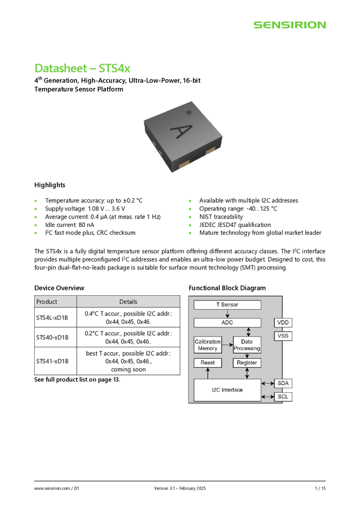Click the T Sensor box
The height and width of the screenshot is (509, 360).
[227, 305]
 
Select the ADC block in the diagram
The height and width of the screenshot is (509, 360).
[227, 323]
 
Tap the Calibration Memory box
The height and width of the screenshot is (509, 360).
[207, 345]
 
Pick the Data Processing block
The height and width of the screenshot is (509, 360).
[247, 345]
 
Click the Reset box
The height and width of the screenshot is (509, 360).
[207, 363]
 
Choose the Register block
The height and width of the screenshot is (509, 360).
[247, 363]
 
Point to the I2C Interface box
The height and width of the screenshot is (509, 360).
[227, 390]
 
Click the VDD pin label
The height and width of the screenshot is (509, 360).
[283, 323]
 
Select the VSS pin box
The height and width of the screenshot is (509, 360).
[283, 336]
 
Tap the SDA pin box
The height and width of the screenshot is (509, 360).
[283, 383]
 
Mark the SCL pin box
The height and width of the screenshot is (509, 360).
[283, 396]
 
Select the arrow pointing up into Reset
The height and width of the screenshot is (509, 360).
[207, 373]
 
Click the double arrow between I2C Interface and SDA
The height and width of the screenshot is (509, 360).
[268, 383]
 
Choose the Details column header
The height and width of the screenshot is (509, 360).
[128, 302]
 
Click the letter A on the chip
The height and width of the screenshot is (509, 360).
[178, 131]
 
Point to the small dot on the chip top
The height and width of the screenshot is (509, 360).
[189, 112]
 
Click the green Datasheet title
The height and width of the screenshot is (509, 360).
[83, 68]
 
